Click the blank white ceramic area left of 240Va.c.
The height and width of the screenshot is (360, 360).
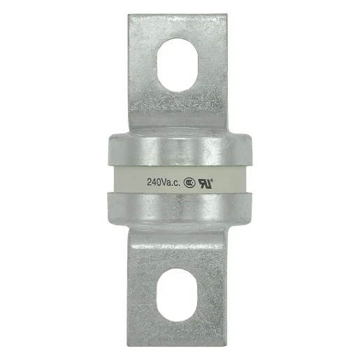pos(126,182)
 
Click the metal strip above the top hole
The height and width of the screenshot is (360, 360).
pos(180,26)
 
